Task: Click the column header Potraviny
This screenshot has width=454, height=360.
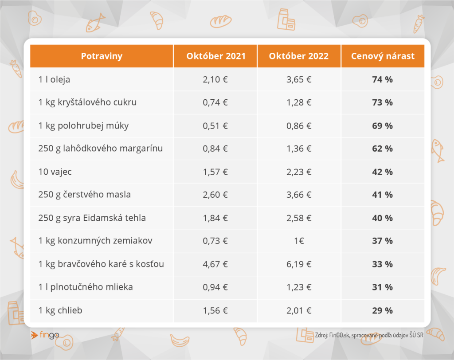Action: point(102,56)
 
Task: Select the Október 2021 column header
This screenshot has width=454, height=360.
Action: point(216,56)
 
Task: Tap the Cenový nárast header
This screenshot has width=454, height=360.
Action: point(383,56)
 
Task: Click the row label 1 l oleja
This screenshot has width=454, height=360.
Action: point(54,79)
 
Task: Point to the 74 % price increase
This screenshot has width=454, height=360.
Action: point(383,79)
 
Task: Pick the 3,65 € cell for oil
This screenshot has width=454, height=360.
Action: point(299,79)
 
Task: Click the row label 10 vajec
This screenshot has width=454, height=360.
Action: point(55,172)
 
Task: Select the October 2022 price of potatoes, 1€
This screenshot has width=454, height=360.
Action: point(299,241)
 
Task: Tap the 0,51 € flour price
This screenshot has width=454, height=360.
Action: point(215,126)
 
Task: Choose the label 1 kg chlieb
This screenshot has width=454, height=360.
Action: point(60,310)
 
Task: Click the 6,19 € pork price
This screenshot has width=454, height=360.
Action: point(299,264)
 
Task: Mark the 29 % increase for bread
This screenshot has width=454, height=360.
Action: point(383,310)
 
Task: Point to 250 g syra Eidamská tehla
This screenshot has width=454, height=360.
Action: point(92,218)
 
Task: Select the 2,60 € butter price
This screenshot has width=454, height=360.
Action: point(215,195)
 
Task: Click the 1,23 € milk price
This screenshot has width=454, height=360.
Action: point(299,287)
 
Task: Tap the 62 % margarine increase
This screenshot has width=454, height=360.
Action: point(383,149)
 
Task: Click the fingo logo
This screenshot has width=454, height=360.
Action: point(45,335)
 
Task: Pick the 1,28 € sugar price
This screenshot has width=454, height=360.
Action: point(299,102)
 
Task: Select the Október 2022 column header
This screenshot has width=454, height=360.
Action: point(299,56)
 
